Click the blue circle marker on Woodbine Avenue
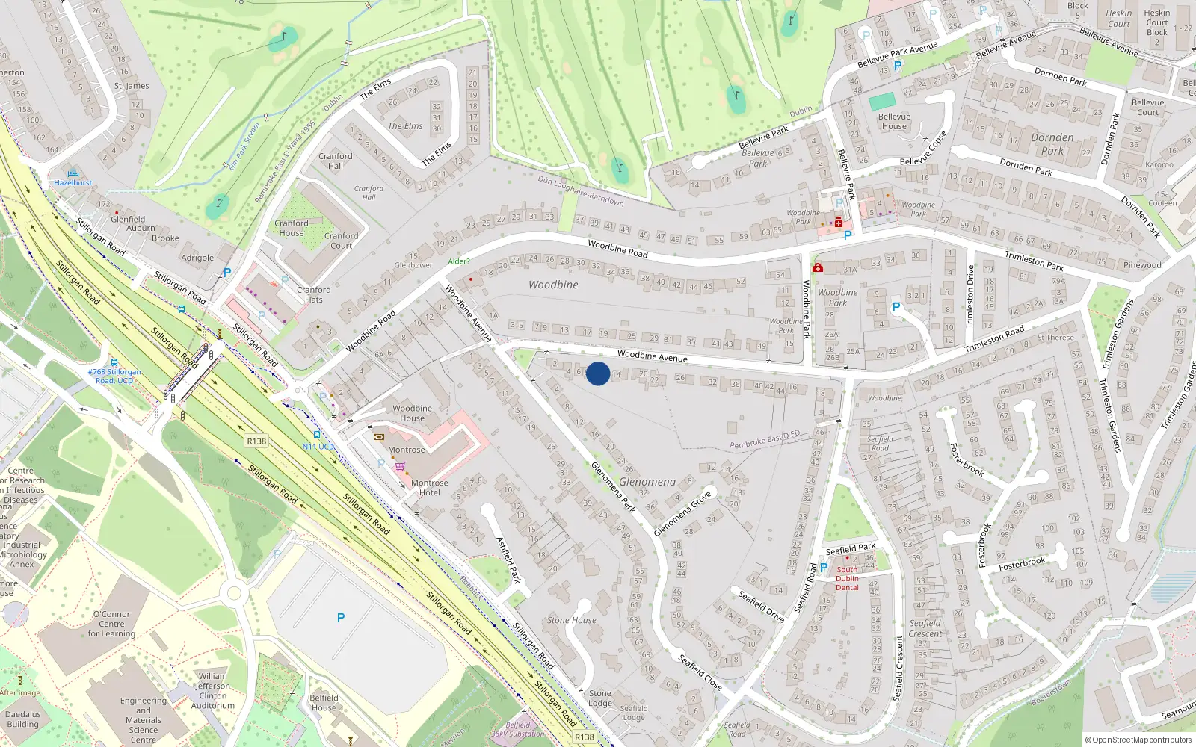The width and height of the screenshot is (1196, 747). pyautogui.click(x=597, y=373)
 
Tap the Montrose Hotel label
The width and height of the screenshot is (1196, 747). pyautogui.click(x=429, y=488)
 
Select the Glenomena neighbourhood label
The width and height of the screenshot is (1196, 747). pyautogui.click(x=647, y=482)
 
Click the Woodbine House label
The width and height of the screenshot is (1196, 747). pyautogui.click(x=412, y=413)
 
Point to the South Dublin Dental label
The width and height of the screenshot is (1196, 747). pyautogui.click(x=847, y=578)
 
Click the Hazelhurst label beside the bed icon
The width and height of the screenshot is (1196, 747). pyautogui.click(x=73, y=183)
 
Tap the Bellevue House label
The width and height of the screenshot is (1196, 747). pyautogui.click(x=894, y=122)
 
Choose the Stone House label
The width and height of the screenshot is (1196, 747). pyautogui.click(x=572, y=620)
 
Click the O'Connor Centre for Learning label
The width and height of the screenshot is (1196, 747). pyautogui.click(x=111, y=624)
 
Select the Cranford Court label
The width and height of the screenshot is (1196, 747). pyautogui.click(x=341, y=241)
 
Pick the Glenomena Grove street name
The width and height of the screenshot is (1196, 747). pyautogui.click(x=682, y=513)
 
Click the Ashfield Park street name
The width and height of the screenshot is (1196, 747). pyautogui.click(x=508, y=560)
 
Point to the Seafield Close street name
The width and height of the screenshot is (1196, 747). pyautogui.click(x=700, y=672)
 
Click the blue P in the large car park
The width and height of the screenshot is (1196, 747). pyautogui.click(x=341, y=618)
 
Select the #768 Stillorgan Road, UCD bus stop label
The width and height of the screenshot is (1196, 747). pyautogui.click(x=114, y=376)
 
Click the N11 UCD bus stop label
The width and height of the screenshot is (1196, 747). pyautogui.click(x=318, y=447)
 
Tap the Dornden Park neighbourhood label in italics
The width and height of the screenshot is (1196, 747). pyautogui.click(x=1052, y=143)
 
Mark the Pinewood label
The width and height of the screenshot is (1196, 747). pyautogui.click(x=1142, y=265)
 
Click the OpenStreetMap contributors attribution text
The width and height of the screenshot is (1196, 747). pyautogui.click(x=1138, y=740)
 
